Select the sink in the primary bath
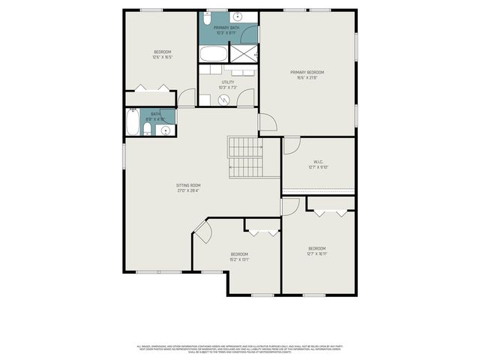(x=237, y=16)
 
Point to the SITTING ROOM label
(x=188, y=185)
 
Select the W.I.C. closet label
(x=318, y=162)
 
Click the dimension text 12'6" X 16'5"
(x=163, y=57)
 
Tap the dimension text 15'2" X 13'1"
(x=239, y=259)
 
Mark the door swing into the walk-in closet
(x=292, y=145)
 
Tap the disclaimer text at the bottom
(x=240, y=349)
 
